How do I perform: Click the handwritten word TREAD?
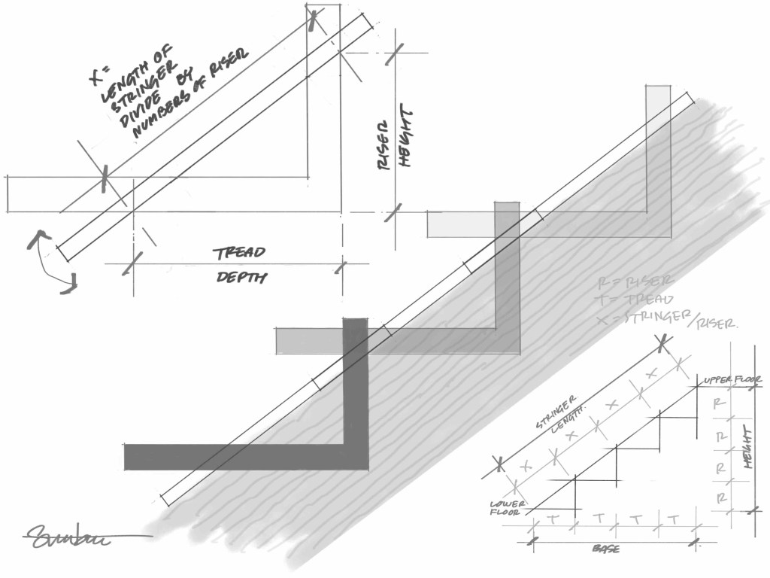[239, 252]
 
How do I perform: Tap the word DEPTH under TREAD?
[241, 278]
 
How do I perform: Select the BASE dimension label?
[605, 549]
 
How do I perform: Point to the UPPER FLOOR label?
[733, 382]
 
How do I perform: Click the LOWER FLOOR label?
[507, 509]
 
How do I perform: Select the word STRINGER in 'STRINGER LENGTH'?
[556, 411]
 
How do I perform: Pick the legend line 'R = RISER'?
[626, 284]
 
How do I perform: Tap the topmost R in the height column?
[720, 403]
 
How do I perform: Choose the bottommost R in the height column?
[720, 497]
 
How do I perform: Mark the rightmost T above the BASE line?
[674, 519]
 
